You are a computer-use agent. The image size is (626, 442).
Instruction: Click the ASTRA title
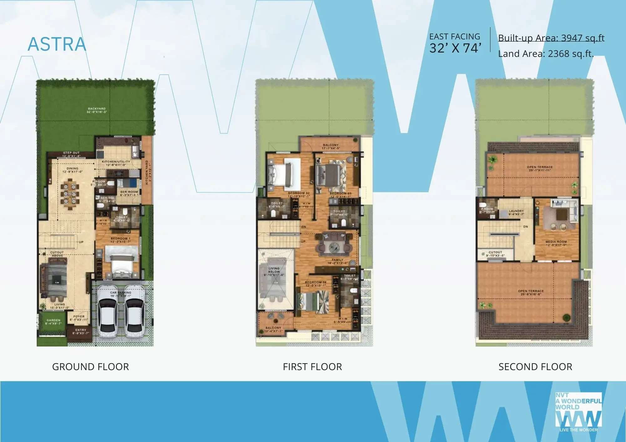(x=57, y=44)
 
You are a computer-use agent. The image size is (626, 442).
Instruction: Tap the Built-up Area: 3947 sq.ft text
(x=551, y=38)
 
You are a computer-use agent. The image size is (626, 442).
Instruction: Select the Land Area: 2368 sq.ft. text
(x=546, y=54)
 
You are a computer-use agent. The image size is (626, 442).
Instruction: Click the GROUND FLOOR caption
(x=90, y=367)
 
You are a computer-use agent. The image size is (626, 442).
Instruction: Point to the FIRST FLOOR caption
(x=312, y=367)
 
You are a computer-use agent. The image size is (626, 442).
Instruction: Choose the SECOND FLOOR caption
(x=535, y=367)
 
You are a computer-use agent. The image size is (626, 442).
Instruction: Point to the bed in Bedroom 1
(x=122, y=263)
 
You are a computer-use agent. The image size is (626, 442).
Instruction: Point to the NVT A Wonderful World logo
(x=578, y=412)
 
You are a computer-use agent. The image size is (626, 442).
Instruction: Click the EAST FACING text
(x=454, y=37)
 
